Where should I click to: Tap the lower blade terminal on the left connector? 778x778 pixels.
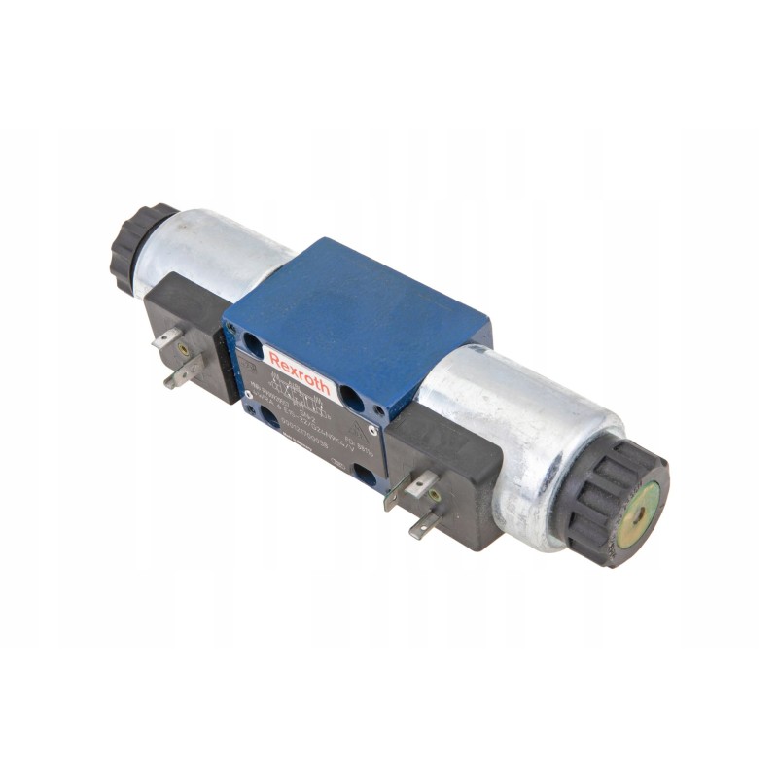click(x=182, y=373)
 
